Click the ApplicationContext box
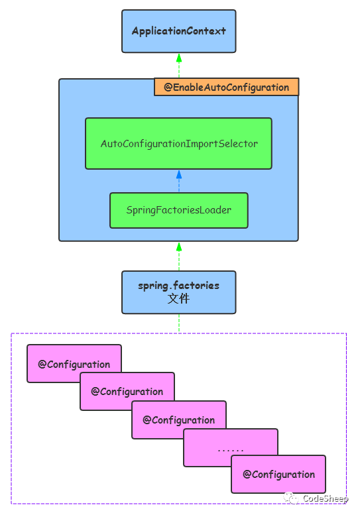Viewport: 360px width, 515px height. (x=178, y=31)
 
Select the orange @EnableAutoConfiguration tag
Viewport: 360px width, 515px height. (x=226, y=87)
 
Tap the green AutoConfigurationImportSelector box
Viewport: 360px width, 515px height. (x=178, y=143)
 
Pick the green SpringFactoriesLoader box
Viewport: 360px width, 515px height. (x=178, y=210)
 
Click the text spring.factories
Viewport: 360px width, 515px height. (x=178, y=286)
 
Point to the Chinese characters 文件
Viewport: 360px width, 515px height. (x=178, y=299)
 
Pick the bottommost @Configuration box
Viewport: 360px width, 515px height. (x=278, y=475)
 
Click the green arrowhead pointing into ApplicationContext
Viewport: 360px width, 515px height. (x=178, y=57)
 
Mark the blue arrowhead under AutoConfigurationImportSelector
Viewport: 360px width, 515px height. (x=178, y=174)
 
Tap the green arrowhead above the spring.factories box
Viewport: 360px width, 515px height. (x=178, y=247)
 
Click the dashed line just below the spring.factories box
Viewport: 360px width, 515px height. (x=178, y=323)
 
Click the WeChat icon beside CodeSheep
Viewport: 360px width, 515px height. (x=292, y=498)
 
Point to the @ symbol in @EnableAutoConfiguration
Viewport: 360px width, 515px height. (x=168, y=87)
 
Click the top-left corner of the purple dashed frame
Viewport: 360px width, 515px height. (x=11, y=333)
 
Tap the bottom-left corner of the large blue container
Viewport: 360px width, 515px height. (x=60, y=241)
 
